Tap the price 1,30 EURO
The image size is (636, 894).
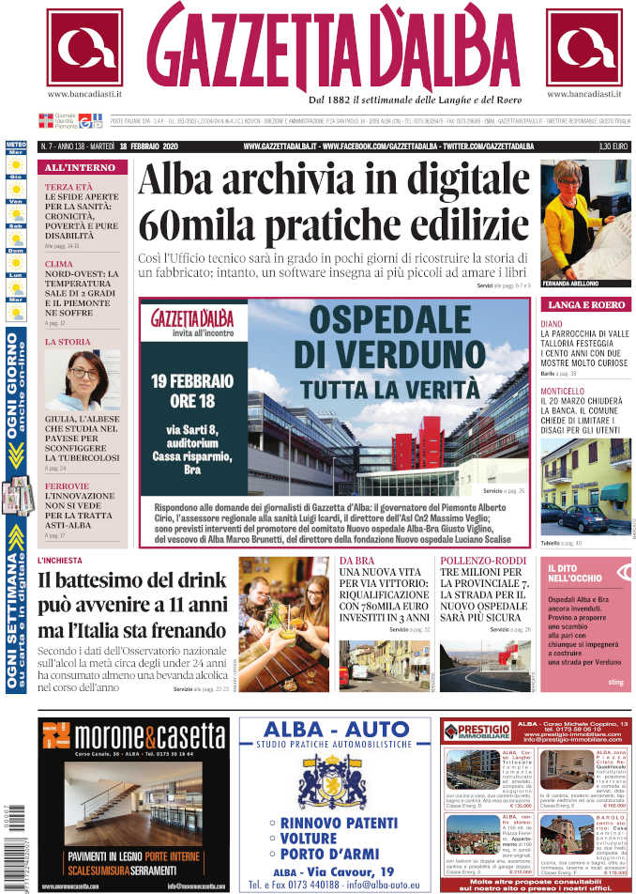click(x=613, y=146)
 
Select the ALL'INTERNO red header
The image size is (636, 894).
click(x=81, y=168)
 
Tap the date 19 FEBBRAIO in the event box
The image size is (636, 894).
click(x=191, y=382)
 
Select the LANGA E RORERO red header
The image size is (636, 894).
click(x=585, y=305)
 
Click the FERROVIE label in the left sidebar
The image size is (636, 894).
click(x=67, y=486)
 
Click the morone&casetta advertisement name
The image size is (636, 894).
click(x=148, y=734)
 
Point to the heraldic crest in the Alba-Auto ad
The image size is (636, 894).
click(x=324, y=781)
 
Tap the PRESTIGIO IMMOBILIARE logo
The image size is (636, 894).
click(x=478, y=731)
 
